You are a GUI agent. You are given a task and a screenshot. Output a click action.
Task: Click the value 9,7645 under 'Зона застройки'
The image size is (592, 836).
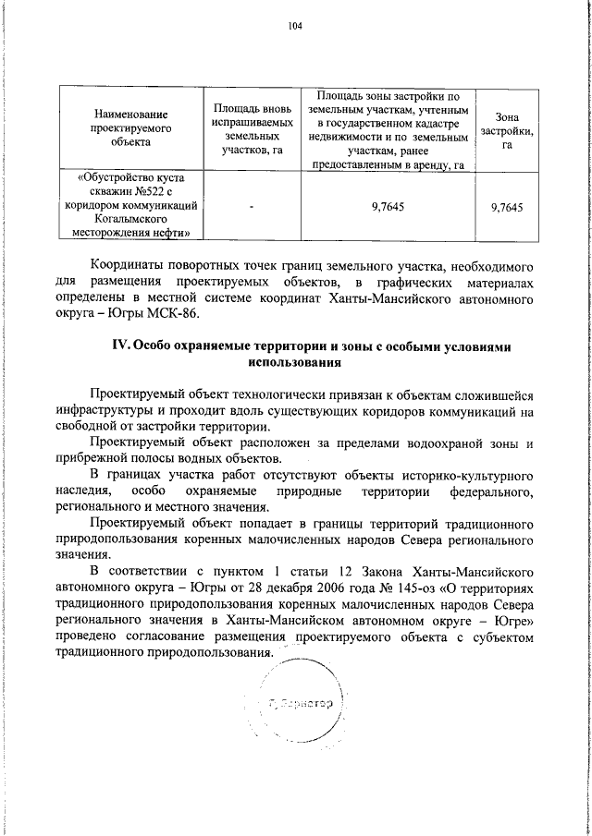pos(506,208)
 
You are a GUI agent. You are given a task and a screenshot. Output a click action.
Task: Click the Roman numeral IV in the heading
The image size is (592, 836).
pos(118,345)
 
